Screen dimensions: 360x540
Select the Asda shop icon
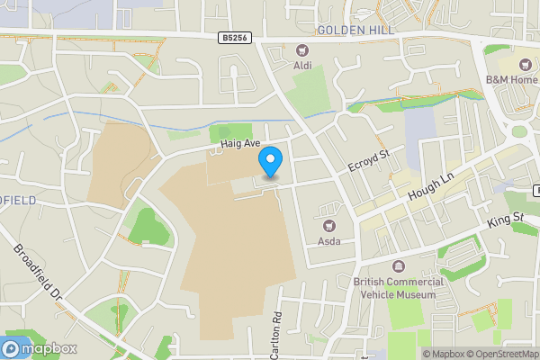[328, 225]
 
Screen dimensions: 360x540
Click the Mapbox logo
[40, 348]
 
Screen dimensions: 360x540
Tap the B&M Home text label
[511, 80]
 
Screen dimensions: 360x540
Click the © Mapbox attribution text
[444, 354]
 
